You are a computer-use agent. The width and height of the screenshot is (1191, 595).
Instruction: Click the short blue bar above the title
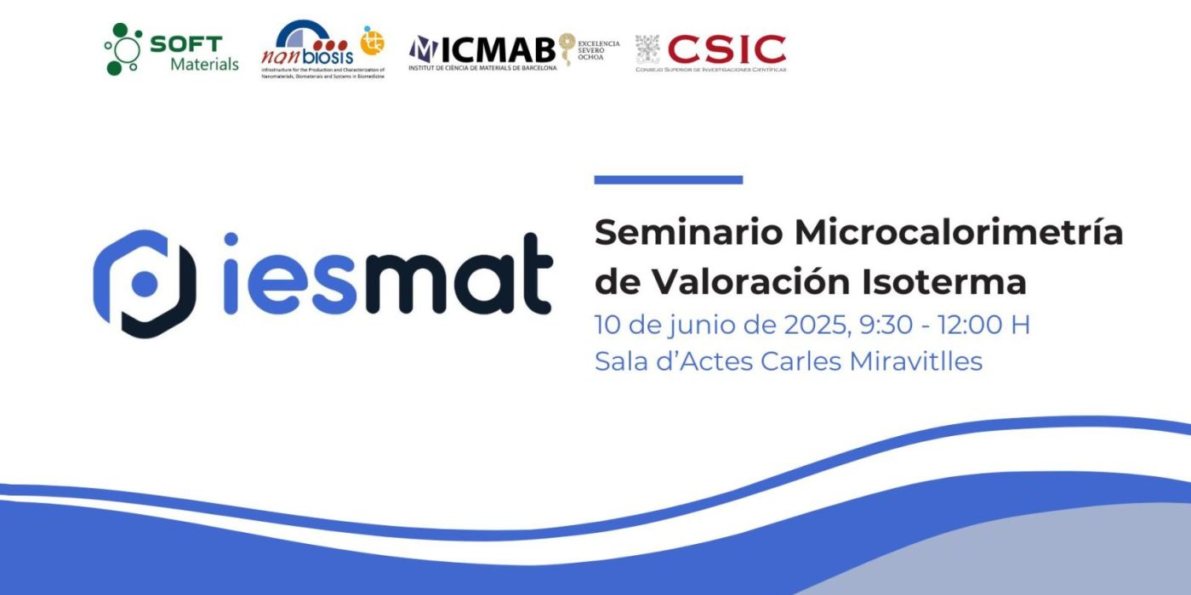pos(668,180)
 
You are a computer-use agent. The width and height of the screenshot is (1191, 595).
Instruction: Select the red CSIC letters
pos(727,48)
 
